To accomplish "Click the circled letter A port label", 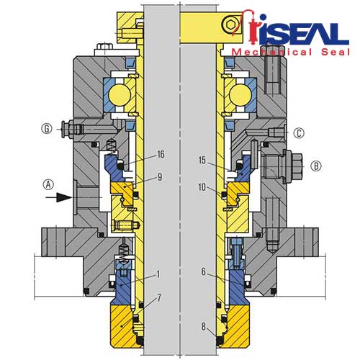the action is click(48, 185).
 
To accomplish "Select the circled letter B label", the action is click(316, 166).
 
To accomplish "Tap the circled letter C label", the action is click(299, 133).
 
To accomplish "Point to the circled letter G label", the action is click(47, 129).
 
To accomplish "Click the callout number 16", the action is click(161, 154).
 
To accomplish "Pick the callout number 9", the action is click(160, 177).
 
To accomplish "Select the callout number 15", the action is click(202, 161).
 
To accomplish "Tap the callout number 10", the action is click(202, 187).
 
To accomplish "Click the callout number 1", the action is click(158, 274).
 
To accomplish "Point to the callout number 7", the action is click(159, 298).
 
